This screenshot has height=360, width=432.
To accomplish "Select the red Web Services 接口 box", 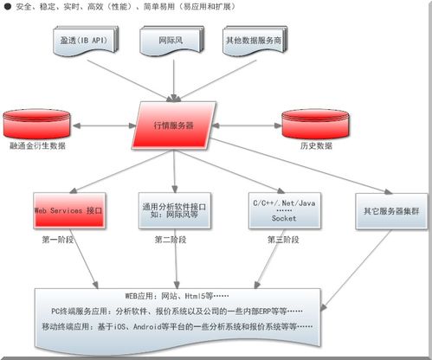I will pyautogui.click(x=68, y=210).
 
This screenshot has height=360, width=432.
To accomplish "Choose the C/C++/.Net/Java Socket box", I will pyautogui.click(x=272, y=210).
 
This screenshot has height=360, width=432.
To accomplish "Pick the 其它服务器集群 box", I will pyautogui.click(x=391, y=210).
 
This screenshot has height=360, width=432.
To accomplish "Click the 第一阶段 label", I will pyautogui.click(x=61, y=240).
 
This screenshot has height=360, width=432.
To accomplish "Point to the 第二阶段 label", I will pyautogui.click(x=173, y=240).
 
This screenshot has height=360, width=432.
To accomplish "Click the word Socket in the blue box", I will pyautogui.click(x=272, y=220).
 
